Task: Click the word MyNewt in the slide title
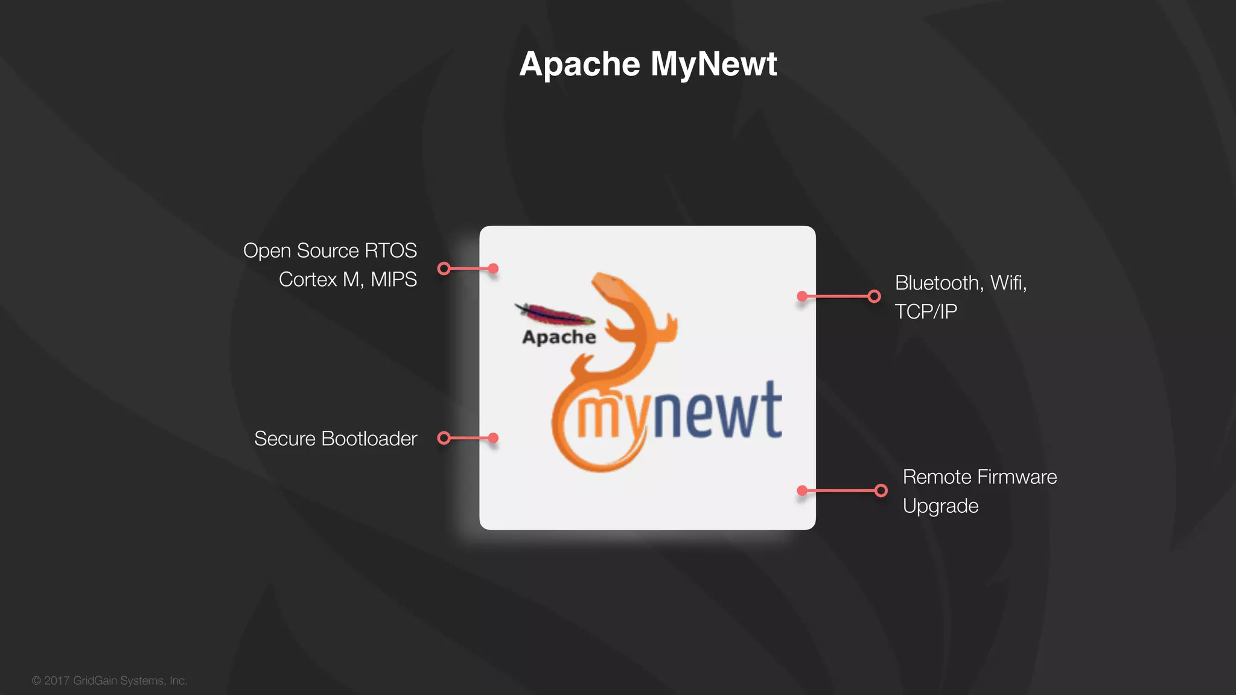pyautogui.click(x=714, y=64)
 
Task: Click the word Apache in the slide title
pyautogui.click(x=579, y=64)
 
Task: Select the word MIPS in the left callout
pyautogui.click(x=393, y=279)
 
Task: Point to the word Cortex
pyautogui.click(x=308, y=279)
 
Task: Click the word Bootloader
pyautogui.click(x=369, y=439)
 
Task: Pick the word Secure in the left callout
pyautogui.click(x=285, y=439)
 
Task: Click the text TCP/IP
pyautogui.click(x=926, y=311)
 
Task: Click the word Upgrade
pyautogui.click(x=940, y=506)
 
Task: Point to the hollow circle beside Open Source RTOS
pyautogui.click(x=444, y=268)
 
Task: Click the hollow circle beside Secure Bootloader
pyautogui.click(x=444, y=438)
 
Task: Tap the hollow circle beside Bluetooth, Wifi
pyautogui.click(x=874, y=296)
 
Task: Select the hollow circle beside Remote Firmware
pyautogui.click(x=881, y=490)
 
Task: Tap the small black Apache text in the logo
pyautogui.click(x=559, y=337)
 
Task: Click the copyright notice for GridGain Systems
pyautogui.click(x=110, y=681)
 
